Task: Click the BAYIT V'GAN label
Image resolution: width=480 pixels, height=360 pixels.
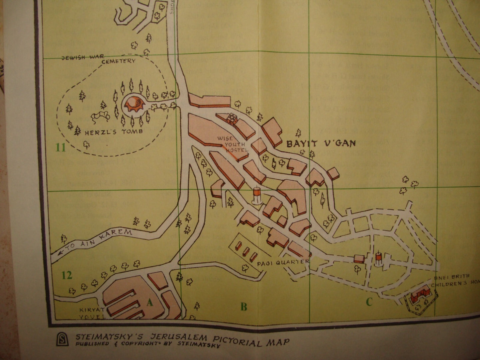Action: pos(321,144)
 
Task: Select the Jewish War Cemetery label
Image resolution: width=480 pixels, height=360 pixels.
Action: pos(99,59)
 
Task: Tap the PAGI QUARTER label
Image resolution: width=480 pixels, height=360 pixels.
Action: pos(283,262)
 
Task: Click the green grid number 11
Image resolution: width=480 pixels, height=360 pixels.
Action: pos(61,147)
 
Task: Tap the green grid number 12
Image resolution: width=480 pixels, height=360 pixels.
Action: pos(66,275)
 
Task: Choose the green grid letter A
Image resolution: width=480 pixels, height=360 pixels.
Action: pos(150,302)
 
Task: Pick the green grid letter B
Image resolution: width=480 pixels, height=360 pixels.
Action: pos(244,307)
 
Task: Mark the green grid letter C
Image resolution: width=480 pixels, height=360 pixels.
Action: pos(369,302)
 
